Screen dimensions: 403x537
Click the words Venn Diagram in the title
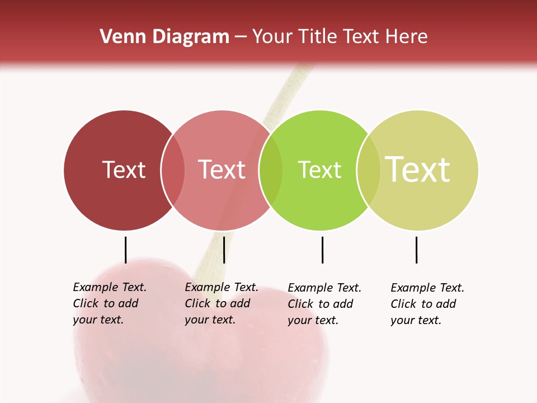click(x=164, y=37)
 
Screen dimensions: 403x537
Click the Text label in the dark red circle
click(x=124, y=170)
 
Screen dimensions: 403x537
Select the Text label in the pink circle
click(x=222, y=170)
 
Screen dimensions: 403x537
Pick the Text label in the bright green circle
click(x=319, y=170)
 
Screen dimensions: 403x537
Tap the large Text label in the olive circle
click(x=418, y=170)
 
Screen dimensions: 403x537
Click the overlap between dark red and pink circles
click(x=173, y=170)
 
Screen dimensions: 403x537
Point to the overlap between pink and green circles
click(x=271, y=170)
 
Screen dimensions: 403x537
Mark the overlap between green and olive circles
click(x=369, y=170)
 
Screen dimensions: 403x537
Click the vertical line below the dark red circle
click(x=126, y=250)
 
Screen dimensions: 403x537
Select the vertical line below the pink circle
click(x=224, y=250)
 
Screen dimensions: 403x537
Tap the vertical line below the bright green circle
click(x=322, y=250)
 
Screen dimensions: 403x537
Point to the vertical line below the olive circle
click(x=416, y=250)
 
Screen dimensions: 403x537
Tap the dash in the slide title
click(x=241, y=37)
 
